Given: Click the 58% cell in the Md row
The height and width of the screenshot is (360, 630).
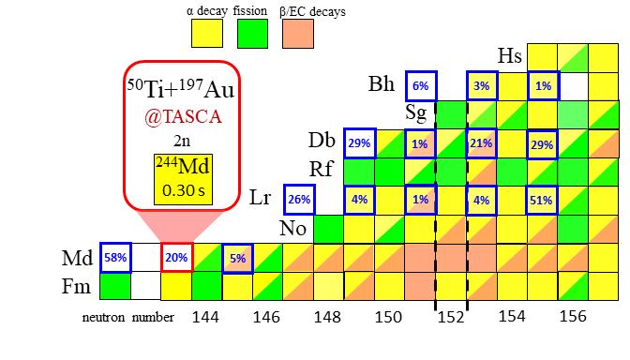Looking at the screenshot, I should (x=115, y=256).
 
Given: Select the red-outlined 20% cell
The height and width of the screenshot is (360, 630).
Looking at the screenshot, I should (x=176, y=256).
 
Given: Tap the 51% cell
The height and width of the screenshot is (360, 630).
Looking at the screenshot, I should (x=542, y=199).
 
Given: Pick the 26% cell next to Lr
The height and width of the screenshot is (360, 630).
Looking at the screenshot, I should (x=299, y=199).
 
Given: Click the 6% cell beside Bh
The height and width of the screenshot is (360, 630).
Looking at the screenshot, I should (x=420, y=85).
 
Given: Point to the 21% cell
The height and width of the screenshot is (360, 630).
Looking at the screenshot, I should (x=481, y=142).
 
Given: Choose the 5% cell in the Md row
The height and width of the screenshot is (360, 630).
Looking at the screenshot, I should (x=237, y=256).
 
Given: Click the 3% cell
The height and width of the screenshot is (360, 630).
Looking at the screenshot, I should (x=482, y=85).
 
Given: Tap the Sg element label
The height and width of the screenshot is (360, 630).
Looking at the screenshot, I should (x=418, y=112).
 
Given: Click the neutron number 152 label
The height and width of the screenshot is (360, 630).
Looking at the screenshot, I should (x=451, y=318).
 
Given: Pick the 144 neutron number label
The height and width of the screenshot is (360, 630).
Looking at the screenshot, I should (x=206, y=318).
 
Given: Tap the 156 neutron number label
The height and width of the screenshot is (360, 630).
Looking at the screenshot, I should (x=573, y=318).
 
